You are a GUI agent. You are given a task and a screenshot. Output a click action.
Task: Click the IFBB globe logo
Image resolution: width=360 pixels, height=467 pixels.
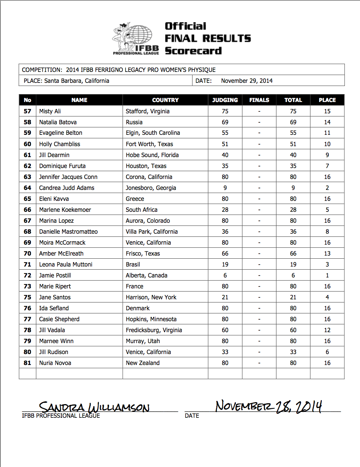136,38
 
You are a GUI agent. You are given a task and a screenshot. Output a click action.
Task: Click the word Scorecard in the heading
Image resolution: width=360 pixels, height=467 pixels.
193,51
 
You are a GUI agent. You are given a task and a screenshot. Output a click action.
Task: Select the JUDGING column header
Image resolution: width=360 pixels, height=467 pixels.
225,100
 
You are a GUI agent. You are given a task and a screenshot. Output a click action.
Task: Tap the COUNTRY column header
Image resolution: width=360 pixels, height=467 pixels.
165,100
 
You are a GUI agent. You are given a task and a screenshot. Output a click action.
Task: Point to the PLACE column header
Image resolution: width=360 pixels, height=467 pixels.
327,100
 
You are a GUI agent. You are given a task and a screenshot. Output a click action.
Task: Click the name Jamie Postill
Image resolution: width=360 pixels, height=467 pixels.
55,275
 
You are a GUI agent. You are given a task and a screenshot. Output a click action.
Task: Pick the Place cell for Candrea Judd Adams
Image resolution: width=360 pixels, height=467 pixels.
327,188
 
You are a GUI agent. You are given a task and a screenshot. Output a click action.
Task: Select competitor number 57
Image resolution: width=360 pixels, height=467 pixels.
27,111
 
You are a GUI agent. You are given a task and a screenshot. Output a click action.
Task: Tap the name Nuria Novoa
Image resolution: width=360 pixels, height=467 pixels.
55,363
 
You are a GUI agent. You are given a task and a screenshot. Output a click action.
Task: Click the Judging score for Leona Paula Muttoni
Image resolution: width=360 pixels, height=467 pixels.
225,264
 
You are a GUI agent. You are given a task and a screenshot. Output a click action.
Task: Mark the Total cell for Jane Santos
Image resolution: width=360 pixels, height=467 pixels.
293,297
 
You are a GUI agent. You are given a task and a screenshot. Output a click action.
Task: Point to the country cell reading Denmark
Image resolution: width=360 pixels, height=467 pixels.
138,308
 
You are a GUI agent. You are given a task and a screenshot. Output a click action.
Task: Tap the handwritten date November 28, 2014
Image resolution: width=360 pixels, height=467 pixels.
269,406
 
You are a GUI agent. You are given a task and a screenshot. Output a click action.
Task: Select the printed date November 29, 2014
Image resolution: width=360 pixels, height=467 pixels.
247,81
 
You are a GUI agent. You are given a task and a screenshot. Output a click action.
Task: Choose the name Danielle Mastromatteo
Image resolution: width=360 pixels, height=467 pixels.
68,231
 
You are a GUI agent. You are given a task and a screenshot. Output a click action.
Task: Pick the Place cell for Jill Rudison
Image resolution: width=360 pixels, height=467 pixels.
327,352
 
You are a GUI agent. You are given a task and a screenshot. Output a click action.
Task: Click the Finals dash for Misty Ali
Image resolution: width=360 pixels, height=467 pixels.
259,111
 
